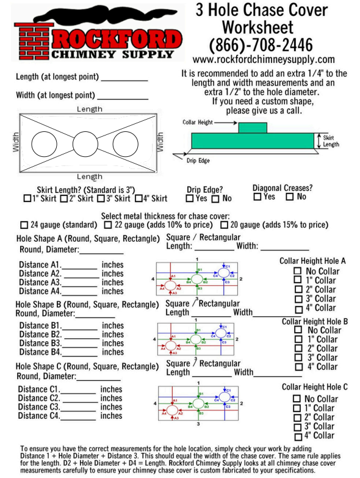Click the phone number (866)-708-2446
(261, 45)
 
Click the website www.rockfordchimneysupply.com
(263, 60)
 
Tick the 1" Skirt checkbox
(26, 198)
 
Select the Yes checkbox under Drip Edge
(190, 198)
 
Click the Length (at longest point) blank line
(124, 80)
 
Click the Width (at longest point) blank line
(122, 98)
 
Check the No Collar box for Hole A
(298, 271)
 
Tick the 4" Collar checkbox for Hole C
(297, 436)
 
